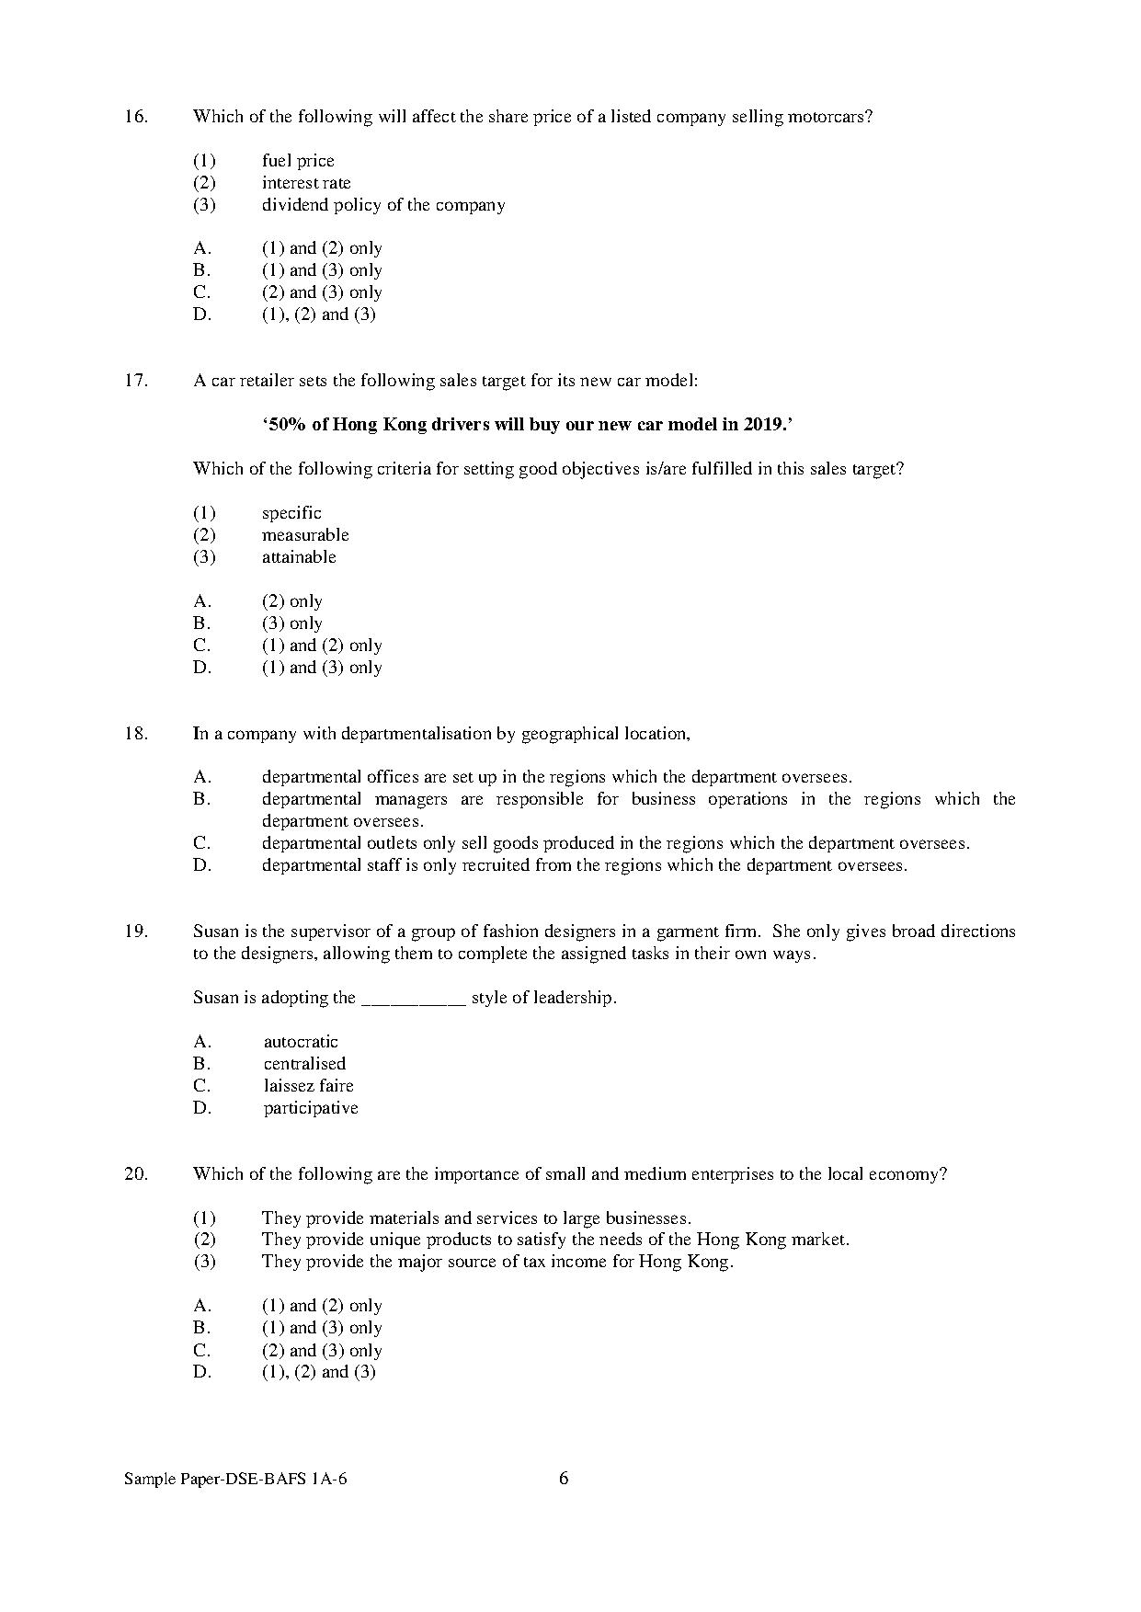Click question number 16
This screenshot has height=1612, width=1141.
pyautogui.click(x=135, y=117)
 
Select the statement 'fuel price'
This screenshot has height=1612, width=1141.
pyautogui.click(x=298, y=161)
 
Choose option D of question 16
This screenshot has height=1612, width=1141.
pyautogui.click(x=318, y=314)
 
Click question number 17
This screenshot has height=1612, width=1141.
pyautogui.click(x=135, y=381)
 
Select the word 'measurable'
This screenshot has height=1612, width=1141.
pyautogui.click(x=305, y=535)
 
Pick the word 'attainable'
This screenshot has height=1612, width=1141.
pyautogui.click(x=299, y=557)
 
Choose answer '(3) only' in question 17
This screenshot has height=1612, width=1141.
pyautogui.click(x=291, y=623)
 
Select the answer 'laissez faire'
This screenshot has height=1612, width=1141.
pyautogui.click(x=308, y=1086)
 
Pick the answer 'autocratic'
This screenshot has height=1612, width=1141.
pyautogui.click(x=301, y=1042)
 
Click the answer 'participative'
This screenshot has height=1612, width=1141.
pyautogui.click(x=311, y=1108)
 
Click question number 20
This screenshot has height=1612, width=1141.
pyautogui.click(x=135, y=1174)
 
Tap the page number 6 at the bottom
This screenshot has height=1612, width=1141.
pyautogui.click(x=564, y=1479)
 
